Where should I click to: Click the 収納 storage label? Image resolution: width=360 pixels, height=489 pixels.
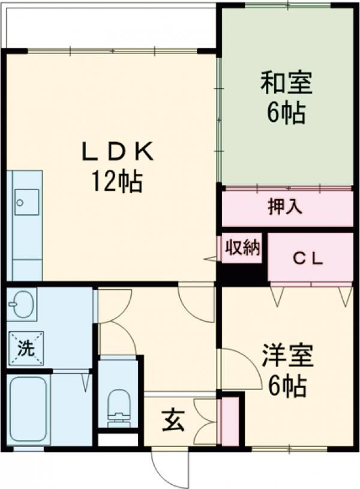click(242, 247)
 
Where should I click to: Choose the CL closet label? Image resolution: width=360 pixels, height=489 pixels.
click(308, 259)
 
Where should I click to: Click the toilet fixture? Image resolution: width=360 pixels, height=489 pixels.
click(119, 406)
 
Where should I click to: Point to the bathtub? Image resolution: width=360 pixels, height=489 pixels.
click(29, 409)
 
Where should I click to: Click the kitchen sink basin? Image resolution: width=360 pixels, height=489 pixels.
click(27, 202)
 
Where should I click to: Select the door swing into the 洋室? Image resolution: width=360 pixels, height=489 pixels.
click(240, 366)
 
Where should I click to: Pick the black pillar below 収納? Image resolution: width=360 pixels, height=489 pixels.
click(240, 274)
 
